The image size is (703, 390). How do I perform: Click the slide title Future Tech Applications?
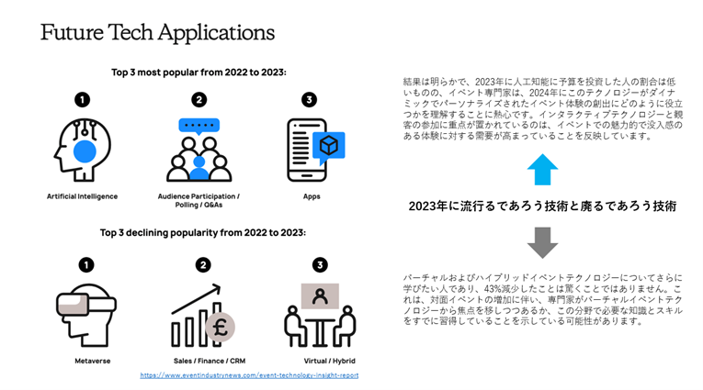pos(157,32)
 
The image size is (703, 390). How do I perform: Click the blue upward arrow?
pos(543,171)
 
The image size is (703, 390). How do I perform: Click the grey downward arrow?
pos(543,241)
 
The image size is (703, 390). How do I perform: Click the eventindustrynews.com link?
pos(249,374)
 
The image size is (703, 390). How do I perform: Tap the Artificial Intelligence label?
pos(83,196)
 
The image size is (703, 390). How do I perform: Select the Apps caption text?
pos(312,196)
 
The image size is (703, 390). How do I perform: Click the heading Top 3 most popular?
pos(198,72)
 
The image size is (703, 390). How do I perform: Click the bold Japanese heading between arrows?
pos(542,206)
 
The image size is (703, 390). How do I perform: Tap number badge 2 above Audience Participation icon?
pos(199,99)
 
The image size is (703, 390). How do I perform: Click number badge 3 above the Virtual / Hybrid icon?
pos(319,265)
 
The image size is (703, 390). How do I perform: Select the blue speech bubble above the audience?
pos(199,126)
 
